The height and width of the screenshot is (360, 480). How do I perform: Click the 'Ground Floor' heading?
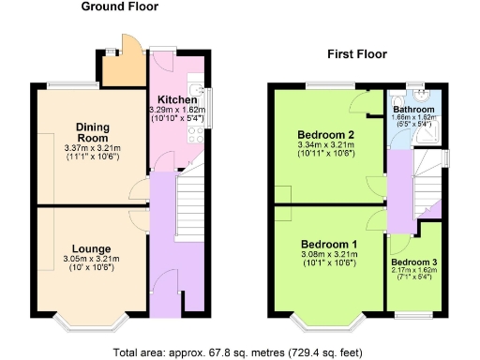coord(119,7)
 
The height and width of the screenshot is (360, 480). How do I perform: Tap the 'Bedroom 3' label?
coord(413,262)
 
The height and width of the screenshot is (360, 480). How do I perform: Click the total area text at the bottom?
coord(239,352)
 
